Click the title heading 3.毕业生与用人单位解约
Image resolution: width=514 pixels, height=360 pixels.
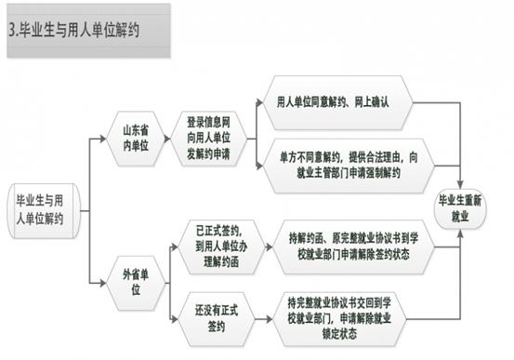click(74, 31)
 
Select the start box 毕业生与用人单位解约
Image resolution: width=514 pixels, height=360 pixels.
click(44, 210)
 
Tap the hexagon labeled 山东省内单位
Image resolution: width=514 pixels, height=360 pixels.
click(136, 139)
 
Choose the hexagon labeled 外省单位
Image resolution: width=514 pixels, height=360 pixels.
click(136, 283)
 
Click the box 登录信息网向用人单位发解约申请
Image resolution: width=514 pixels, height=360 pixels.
click(208, 139)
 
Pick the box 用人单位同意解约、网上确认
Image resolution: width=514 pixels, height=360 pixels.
click(337, 102)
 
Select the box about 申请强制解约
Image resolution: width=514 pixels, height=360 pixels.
click(349, 166)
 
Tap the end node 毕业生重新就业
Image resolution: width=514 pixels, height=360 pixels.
click(460, 208)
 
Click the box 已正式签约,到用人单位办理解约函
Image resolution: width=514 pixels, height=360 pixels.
click(221, 247)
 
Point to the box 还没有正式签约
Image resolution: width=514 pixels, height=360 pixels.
click(217, 319)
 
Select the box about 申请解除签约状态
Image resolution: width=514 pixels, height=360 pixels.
click(353, 247)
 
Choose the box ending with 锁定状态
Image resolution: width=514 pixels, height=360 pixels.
click(339, 319)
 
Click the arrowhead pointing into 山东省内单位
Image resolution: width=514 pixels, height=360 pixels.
click(103, 139)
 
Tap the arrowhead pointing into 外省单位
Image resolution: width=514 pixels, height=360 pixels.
click(103, 283)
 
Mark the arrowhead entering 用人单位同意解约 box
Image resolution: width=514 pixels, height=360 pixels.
click(259, 102)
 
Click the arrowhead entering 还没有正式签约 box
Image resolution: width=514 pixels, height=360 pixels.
click(175, 319)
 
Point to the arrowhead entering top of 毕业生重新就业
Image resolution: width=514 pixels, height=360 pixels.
click(460, 184)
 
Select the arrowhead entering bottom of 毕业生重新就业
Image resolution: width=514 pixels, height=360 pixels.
click(460, 233)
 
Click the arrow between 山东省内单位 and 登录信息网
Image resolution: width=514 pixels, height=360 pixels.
click(167, 139)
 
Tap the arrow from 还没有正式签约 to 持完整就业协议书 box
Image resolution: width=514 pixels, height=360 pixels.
click(264, 319)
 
